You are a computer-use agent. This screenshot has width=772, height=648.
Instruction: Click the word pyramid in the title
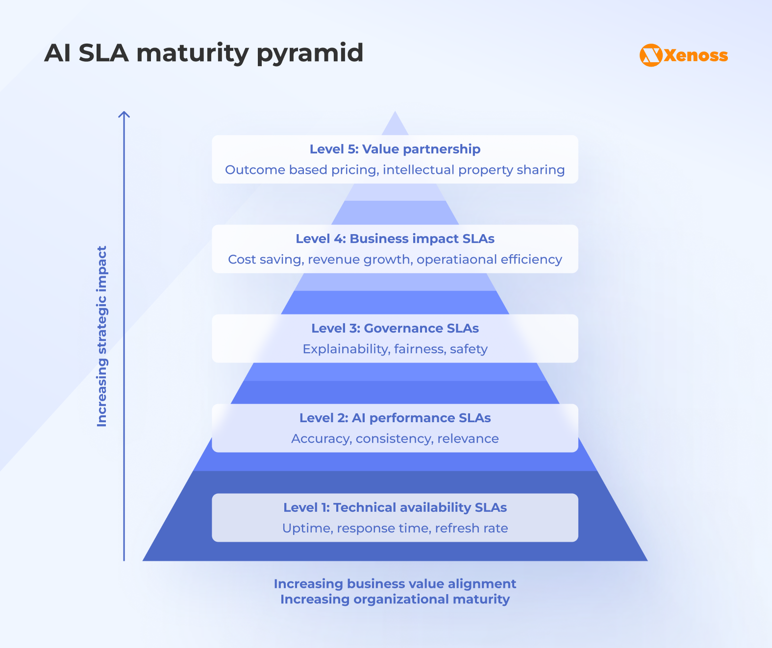pyautogui.click(x=310, y=53)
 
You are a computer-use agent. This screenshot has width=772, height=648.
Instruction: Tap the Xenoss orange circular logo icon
pyautogui.click(x=651, y=55)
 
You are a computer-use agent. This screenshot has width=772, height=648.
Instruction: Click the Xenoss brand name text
pyautogui.click(x=696, y=55)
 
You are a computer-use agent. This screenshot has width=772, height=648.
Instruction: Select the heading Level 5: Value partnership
pyautogui.click(x=395, y=149)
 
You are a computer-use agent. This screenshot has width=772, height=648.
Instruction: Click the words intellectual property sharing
pyautogui.click(x=473, y=169)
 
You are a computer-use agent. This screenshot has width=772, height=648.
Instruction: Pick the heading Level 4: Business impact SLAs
pyautogui.click(x=395, y=239)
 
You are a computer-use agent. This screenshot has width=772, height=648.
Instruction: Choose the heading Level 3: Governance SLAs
pyautogui.click(x=395, y=328)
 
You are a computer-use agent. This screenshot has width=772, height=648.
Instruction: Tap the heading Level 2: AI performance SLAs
pyautogui.click(x=395, y=418)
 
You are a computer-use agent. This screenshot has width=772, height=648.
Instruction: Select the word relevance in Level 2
pyautogui.click(x=468, y=438)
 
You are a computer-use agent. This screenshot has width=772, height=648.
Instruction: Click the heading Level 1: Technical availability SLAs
pyautogui.click(x=395, y=507)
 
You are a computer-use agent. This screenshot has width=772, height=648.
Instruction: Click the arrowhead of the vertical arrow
pyautogui.click(x=124, y=115)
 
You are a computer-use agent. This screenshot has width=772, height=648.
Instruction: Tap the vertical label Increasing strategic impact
pyautogui.click(x=102, y=336)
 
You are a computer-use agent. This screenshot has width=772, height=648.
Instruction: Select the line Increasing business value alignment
pyautogui.click(x=395, y=584)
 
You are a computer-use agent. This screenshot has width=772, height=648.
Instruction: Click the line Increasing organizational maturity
pyautogui.click(x=395, y=599)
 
